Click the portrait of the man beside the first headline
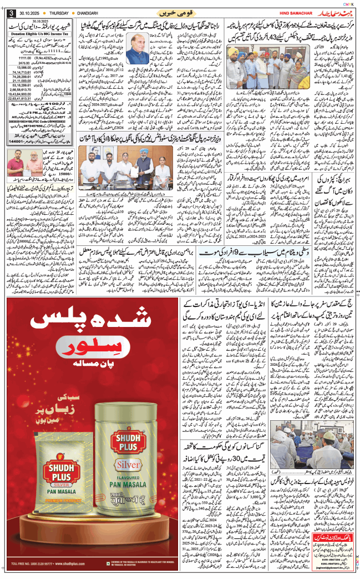[138, 48]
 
